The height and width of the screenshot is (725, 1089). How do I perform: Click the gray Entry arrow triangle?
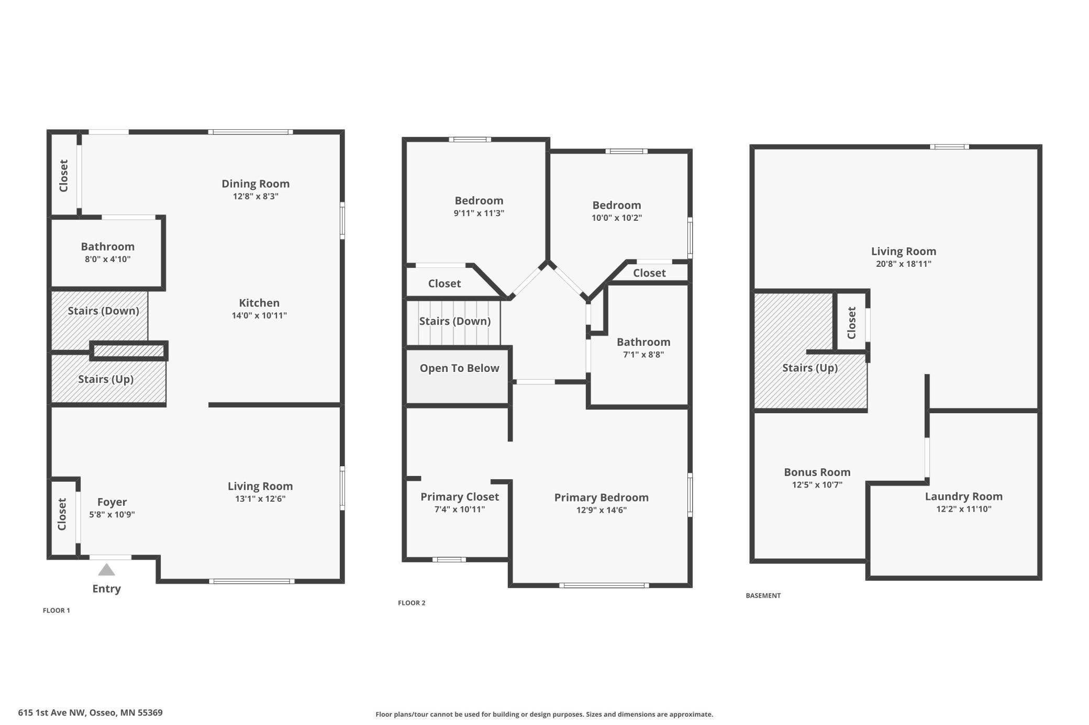point(106,570)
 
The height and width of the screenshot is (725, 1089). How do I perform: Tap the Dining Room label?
point(255,184)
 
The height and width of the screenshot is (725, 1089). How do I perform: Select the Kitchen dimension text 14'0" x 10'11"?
point(259,315)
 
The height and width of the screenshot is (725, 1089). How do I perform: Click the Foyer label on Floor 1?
point(112,502)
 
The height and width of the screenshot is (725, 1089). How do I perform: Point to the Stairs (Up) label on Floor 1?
point(106,379)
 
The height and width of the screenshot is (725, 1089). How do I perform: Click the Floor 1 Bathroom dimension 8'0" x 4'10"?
point(107,259)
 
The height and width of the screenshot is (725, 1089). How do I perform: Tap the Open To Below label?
point(459,368)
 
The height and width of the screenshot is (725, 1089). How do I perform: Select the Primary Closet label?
point(460,497)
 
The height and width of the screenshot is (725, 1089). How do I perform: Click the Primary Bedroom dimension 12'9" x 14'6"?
point(601,510)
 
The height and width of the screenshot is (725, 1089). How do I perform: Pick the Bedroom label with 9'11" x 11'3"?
point(479,201)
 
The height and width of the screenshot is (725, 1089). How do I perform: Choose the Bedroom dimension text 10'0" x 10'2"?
point(616,218)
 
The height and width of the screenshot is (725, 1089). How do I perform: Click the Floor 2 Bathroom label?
point(643,342)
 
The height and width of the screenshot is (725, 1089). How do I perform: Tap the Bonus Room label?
point(817,472)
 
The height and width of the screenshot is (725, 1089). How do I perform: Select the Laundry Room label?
point(963,496)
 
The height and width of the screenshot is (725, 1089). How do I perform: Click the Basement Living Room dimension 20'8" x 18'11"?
point(903,264)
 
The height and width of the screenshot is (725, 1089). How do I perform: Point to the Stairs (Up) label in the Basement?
point(810,368)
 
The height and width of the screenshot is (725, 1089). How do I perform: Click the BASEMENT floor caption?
point(763,595)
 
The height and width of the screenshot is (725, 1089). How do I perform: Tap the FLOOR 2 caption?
point(412,603)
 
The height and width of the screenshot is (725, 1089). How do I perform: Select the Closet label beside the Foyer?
point(62,514)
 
